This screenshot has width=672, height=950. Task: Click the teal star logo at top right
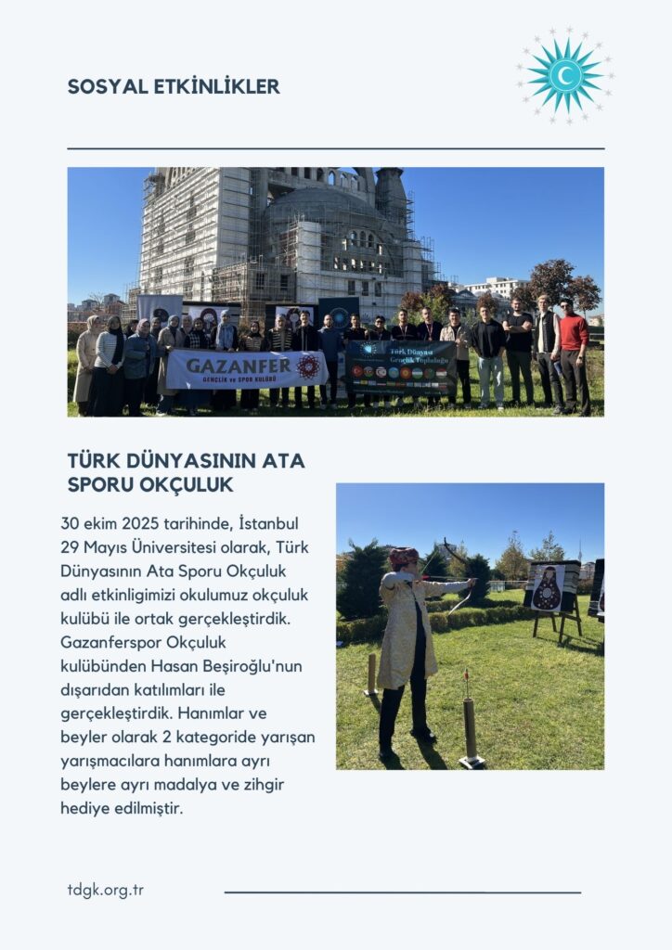564,75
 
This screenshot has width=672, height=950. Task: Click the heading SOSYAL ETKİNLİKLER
174,87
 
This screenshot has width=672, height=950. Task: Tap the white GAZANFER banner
246,368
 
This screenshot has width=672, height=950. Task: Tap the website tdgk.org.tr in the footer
105,890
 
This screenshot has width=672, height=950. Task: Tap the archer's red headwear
404,558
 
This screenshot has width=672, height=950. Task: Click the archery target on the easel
547,588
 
